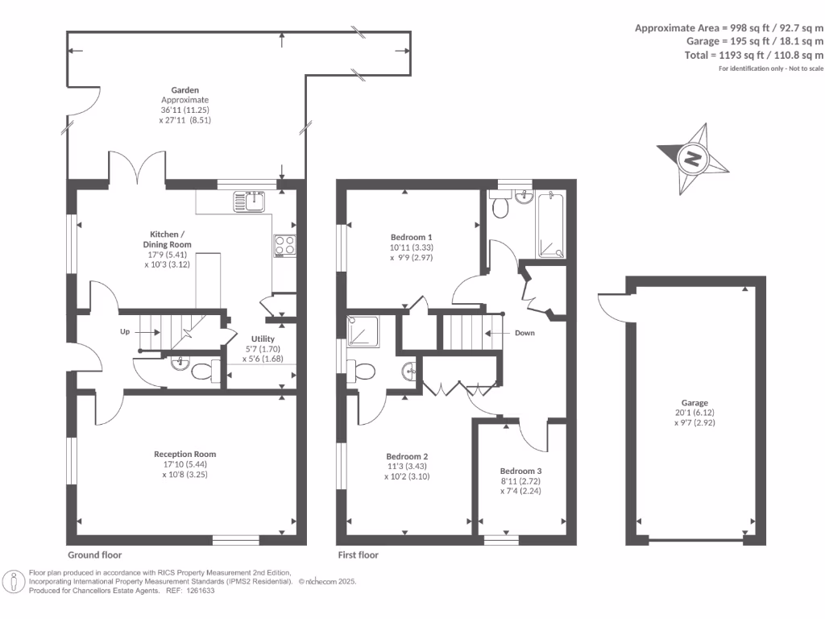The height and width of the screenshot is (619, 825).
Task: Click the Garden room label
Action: (184, 90)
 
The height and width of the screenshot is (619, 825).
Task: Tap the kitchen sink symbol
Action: (249, 201)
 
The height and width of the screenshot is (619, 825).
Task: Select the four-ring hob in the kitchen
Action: (284, 246)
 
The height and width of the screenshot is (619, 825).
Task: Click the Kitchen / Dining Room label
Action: (168, 239)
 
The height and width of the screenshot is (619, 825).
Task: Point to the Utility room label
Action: (263, 339)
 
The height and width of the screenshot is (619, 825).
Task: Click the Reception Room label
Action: (184, 454)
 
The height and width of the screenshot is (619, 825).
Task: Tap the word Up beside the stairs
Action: (125, 331)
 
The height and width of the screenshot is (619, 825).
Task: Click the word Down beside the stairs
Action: (524, 333)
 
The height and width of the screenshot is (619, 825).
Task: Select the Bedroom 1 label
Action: (411, 238)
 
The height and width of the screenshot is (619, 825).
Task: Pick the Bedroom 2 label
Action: (407, 456)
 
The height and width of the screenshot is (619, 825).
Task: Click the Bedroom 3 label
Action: (520, 471)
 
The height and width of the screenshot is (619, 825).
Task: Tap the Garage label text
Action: (694, 403)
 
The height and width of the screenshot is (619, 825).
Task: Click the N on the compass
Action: (692, 159)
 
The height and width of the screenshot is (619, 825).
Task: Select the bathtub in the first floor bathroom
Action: (551, 226)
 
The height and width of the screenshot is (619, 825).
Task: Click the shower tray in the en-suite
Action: (363, 331)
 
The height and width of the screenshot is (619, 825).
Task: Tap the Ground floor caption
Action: (95, 555)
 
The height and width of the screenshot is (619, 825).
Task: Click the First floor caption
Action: (358, 555)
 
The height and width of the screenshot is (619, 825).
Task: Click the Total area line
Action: (753, 55)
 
